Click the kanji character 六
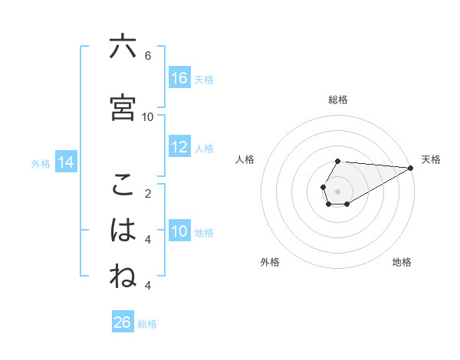(x=123, y=47)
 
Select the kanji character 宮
(x=123, y=108)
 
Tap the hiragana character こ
(x=123, y=185)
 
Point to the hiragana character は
(x=123, y=231)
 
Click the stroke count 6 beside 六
(x=148, y=56)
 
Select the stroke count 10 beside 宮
(x=148, y=116)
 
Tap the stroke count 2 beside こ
(x=148, y=193)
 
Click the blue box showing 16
(x=179, y=78)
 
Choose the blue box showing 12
(x=179, y=147)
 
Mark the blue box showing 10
(x=179, y=231)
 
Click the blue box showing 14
(x=66, y=162)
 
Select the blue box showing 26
(x=123, y=322)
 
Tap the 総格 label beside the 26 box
(x=147, y=324)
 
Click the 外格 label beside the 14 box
(x=41, y=163)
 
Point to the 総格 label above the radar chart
(x=338, y=100)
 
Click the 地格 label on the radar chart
(x=402, y=262)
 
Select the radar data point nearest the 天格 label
(x=411, y=168)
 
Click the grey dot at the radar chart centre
(x=338, y=191)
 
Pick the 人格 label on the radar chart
(x=245, y=159)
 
